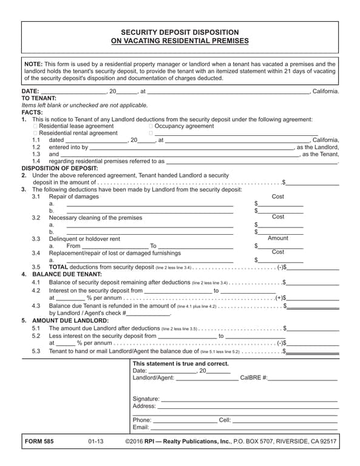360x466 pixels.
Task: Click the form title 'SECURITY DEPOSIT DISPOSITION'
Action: click(x=180, y=32)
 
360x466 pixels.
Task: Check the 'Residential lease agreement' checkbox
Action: click(x=35, y=126)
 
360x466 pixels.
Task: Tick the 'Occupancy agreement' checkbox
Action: click(x=151, y=126)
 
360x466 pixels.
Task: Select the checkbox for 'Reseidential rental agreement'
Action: click(x=35, y=133)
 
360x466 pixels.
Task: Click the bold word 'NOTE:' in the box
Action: click(x=33, y=64)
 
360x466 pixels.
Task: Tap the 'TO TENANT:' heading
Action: click(x=39, y=98)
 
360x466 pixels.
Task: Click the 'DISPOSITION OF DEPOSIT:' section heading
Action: click(x=59, y=168)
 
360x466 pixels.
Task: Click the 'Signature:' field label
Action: click(x=146, y=399)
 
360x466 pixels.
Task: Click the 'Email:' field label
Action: click(x=141, y=427)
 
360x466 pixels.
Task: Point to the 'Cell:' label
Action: click(x=225, y=420)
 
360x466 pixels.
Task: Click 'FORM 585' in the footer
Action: click(x=39, y=442)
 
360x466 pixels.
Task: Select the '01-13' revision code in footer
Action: click(x=96, y=442)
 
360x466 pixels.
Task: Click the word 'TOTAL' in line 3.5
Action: click(x=58, y=267)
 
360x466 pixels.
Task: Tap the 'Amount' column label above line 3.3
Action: click(x=278, y=238)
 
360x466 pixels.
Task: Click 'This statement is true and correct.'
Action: click(x=181, y=363)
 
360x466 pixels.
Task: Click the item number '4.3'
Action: click(x=36, y=306)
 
